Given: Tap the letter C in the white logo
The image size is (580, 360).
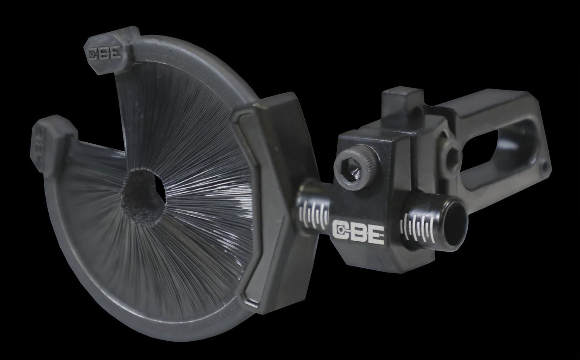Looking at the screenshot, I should pos(341,230).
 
